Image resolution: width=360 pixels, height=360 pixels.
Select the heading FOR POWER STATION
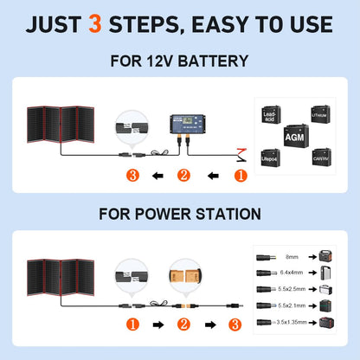pos(179,212)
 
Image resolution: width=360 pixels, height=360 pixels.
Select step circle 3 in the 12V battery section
pos(132,176)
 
